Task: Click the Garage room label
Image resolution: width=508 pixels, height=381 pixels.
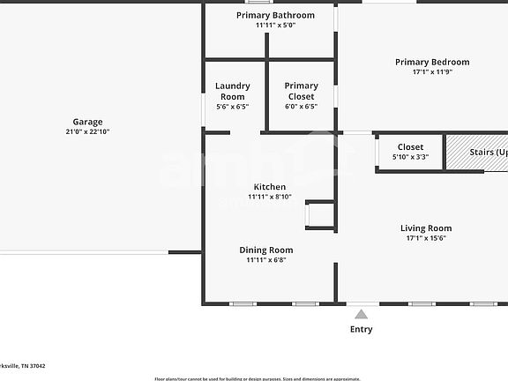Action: (x=87, y=122)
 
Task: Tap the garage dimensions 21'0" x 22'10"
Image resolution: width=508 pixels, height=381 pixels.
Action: (x=87, y=131)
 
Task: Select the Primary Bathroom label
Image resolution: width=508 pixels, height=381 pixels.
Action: (x=275, y=15)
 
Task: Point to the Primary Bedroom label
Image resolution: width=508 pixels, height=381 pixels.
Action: (x=432, y=62)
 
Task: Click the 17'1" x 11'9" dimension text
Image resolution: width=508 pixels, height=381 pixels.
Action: (x=432, y=72)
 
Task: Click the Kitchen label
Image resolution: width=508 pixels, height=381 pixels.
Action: (x=270, y=187)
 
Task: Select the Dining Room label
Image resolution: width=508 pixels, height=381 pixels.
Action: (x=266, y=250)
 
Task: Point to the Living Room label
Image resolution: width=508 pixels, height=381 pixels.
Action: (x=426, y=228)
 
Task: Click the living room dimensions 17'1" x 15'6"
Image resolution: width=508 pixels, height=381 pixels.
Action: (x=426, y=238)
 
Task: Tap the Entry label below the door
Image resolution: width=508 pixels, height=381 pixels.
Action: (x=362, y=329)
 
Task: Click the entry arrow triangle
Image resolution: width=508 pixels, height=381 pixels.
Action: (x=361, y=313)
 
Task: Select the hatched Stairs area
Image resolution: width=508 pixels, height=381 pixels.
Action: (x=476, y=152)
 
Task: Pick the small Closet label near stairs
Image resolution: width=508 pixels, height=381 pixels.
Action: (x=410, y=147)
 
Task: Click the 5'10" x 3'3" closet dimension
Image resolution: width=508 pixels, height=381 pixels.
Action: (x=410, y=157)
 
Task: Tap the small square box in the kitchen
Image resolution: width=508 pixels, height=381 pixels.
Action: (x=319, y=215)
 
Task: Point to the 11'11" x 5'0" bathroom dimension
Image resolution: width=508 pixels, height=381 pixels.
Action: (x=275, y=26)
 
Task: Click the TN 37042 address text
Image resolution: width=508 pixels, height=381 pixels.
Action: (x=35, y=365)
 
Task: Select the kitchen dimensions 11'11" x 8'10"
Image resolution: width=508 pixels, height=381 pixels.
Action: (x=270, y=197)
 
